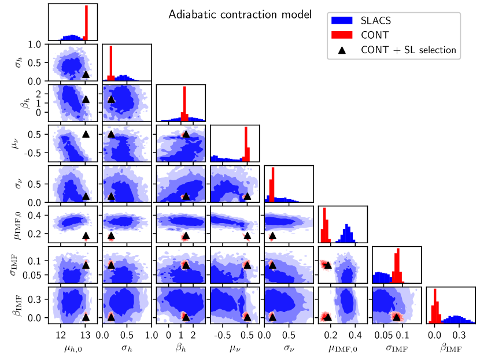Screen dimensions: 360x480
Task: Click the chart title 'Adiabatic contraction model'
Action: [x=240, y=14]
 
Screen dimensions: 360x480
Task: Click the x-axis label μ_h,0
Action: [x=73, y=349]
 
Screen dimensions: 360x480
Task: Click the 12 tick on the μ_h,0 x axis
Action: [x=60, y=334]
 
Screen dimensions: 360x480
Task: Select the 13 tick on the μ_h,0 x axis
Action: [x=85, y=334]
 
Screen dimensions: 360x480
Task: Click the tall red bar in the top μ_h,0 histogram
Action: [x=86, y=23]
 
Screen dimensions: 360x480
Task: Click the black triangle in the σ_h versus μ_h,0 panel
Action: [x=86, y=73]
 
